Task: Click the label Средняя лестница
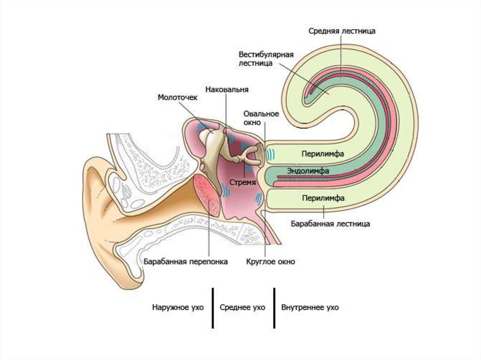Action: click(x=341, y=31)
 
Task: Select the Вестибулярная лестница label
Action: click(x=265, y=59)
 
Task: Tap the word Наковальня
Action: click(x=227, y=89)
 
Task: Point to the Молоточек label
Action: click(x=178, y=98)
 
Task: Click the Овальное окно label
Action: click(x=261, y=118)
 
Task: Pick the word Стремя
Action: click(x=243, y=182)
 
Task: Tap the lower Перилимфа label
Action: click(x=324, y=198)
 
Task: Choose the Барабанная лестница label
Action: click(x=330, y=224)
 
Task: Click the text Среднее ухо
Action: click(x=242, y=308)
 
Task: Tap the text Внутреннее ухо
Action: click(x=310, y=308)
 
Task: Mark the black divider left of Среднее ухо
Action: click(x=213, y=308)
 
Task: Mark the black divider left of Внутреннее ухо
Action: click(x=274, y=308)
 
